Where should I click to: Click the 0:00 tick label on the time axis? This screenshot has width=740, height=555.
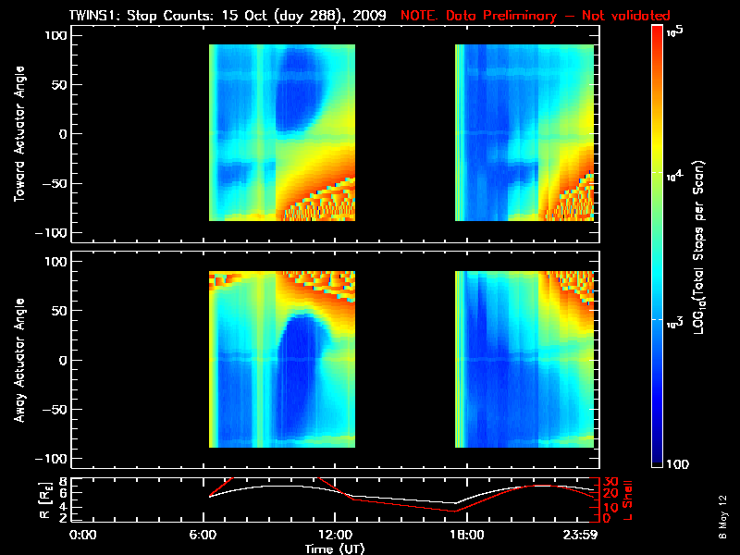coord(83,535)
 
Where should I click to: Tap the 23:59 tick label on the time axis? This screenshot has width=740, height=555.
coord(585,535)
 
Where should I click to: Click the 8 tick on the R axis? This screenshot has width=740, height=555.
coord(62,482)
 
